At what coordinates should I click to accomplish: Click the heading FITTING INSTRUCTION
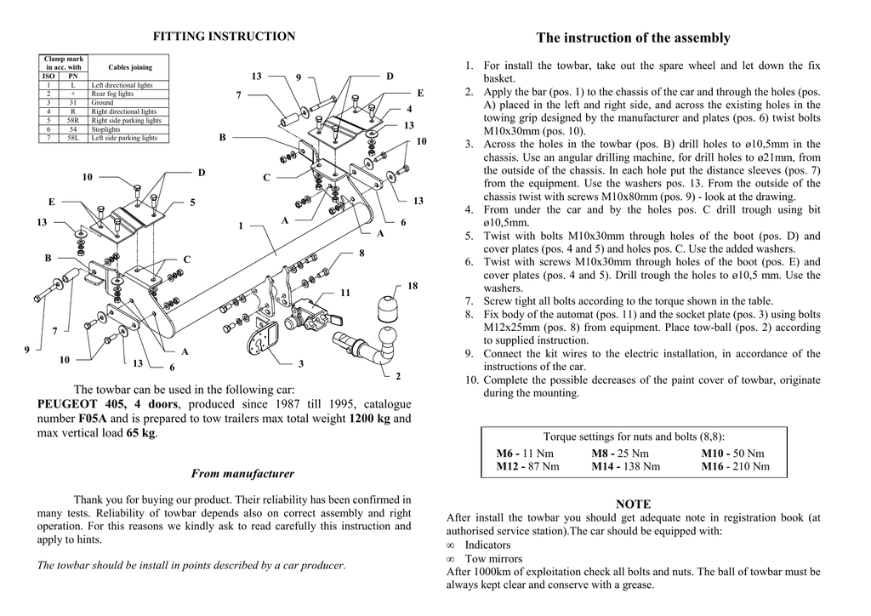tap(224, 37)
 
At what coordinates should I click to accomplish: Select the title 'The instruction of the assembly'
tap(634, 37)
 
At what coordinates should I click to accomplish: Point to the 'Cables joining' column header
tap(130, 67)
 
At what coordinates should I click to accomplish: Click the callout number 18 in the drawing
tap(413, 286)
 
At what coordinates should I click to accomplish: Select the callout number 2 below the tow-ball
tap(398, 375)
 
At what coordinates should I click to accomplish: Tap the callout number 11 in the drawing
tap(345, 293)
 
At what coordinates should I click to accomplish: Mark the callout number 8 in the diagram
tap(361, 254)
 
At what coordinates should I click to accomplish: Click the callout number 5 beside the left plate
tap(192, 202)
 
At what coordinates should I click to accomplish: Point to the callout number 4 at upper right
tap(409, 109)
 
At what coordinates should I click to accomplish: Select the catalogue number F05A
tap(93, 419)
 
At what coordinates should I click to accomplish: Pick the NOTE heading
tap(633, 505)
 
